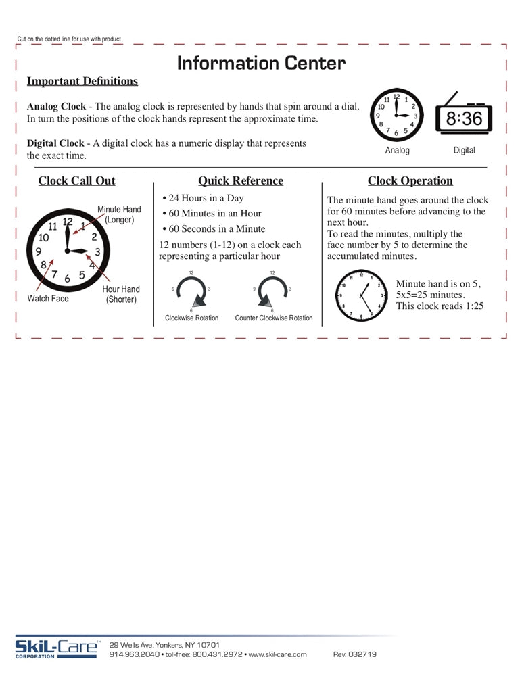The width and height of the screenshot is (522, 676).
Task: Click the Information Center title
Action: click(261, 64)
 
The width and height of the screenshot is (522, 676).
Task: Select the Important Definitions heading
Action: click(82, 81)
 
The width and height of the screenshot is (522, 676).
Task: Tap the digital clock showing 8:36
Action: click(464, 118)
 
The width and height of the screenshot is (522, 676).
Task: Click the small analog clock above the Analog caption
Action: click(397, 114)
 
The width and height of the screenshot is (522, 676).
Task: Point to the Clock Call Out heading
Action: click(76, 180)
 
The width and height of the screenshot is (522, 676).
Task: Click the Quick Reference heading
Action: click(241, 180)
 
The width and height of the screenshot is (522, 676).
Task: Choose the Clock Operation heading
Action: click(410, 180)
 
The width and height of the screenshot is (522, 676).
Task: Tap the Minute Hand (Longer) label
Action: click(119, 214)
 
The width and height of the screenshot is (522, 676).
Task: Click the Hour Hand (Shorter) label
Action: click(121, 294)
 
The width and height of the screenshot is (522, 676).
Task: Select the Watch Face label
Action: click(48, 298)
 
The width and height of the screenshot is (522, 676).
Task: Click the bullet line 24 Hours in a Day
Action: click(203, 198)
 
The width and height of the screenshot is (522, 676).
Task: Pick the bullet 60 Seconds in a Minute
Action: click(214, 228)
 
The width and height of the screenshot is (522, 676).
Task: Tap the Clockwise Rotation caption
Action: click(192, 318)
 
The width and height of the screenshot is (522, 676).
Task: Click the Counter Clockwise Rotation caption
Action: click(274, 318)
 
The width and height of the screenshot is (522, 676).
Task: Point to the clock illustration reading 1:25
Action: click(362, 295)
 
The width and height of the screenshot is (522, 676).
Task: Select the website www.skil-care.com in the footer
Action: click(277, 654)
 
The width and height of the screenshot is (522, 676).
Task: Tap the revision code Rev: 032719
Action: click(355, 654)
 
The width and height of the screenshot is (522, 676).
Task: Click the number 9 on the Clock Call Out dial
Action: click(39, 251)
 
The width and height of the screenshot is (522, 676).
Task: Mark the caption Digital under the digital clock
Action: click(464, 150)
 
